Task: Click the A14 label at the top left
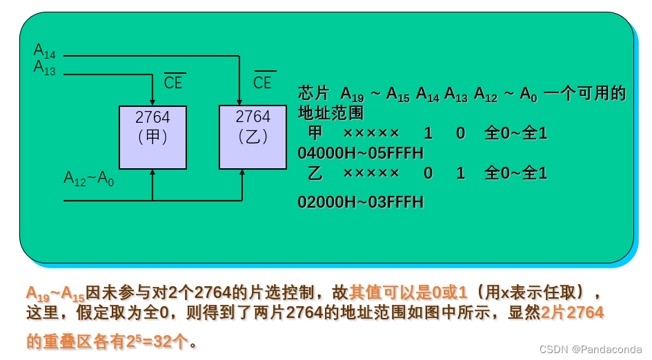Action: (x=45, y=50)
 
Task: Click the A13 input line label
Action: (x=45, y=68)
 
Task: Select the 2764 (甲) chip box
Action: (x=152, y=137)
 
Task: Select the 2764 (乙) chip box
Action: (x=253, y=137)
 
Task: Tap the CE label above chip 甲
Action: (x=174, y=82)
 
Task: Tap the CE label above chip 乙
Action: (x=263, y=82)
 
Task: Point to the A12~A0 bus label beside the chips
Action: (x=88, y=179)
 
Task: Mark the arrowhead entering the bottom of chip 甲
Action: (x=152, y=173)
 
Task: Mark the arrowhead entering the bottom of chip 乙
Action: (x=242, y=173)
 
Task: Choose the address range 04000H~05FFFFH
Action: (x=360, y=152)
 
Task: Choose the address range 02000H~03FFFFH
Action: (x=360, y=202)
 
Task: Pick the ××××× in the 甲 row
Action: (x=371, y=133)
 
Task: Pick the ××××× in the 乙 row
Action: (x=371, y=173)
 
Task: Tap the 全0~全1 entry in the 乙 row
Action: (x=516, y=173)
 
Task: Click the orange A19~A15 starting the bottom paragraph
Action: (x=55, y=293)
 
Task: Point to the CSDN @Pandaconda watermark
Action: (x=591, y=350)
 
